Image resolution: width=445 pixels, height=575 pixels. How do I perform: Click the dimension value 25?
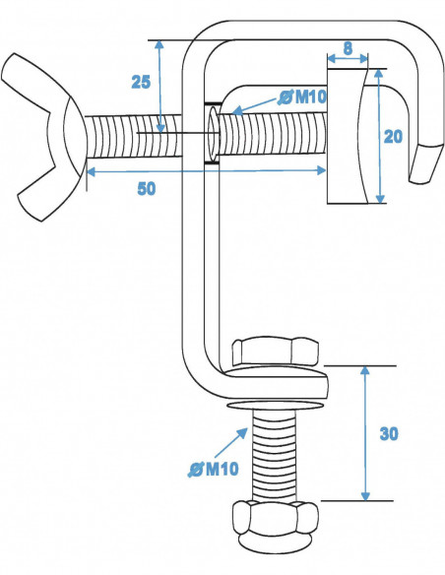[141, 82]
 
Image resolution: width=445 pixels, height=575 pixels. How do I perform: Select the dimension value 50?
[146, 189]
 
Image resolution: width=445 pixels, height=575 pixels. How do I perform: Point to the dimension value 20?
[393, 137]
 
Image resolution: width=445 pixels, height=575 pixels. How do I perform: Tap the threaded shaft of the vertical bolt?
[275, 453]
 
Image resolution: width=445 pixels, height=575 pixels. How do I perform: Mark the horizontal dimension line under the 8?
[348, 59]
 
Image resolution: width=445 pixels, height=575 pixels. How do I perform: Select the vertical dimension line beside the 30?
[365, 433]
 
